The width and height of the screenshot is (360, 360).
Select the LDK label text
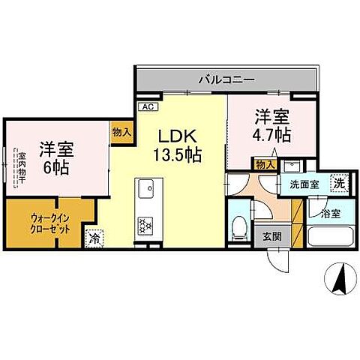pyautogui.click(x=178, y=137)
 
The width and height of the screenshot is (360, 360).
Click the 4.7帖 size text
pyautogui.click(x=271, y=137)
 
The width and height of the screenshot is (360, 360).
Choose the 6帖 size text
pyautogui.click(x=57, y=166)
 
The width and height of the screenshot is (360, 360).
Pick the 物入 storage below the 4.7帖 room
pyautogui.click(x=264, y=164)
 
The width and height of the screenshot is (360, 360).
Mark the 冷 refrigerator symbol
pyautogui.click(x=94, y=239)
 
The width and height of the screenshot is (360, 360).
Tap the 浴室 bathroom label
pyautogui.click(x=331, y=213)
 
